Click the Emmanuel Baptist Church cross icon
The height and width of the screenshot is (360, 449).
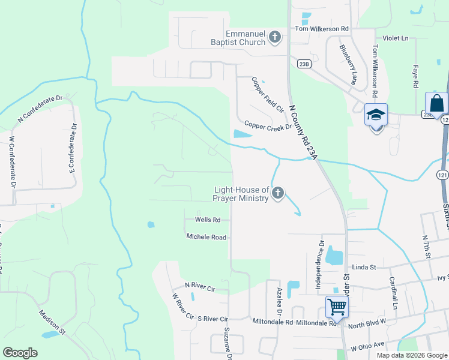[x=275, y=37]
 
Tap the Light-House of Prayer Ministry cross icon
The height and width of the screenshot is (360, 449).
[x=277, y=193]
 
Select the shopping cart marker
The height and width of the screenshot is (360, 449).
[x=337, y=307]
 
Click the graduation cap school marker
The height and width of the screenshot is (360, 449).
[x=376, y=115]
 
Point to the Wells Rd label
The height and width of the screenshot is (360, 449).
[x=208, y=220]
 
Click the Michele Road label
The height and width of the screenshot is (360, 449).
[x=206, y=237]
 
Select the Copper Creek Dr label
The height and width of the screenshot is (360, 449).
[x=268, y=127]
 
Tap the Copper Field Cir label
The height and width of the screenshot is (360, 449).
[x=267, y=95]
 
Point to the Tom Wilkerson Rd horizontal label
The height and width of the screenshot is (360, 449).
[x=321, y=29]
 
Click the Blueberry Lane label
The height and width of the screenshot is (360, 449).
[x=348, y=64]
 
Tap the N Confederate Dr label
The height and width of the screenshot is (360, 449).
[x=40, y=109]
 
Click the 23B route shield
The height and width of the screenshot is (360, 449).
[x=303, y=64]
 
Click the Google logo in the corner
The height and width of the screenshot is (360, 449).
[x=20, y=353]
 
